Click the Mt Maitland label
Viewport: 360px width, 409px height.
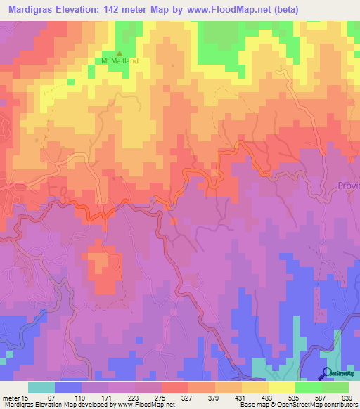click(x=120, y=61)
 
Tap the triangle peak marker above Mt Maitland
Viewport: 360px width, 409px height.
click(x=119, y=53)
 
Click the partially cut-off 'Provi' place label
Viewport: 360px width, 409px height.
click(x=347, y=186)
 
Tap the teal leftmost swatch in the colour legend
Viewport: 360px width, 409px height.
click(x=41, y=387)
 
